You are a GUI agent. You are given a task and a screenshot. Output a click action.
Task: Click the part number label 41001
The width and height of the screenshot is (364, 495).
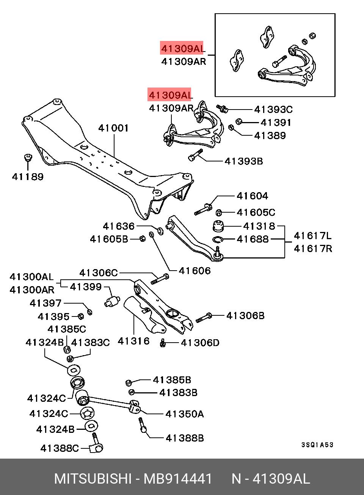[x=113, y=128]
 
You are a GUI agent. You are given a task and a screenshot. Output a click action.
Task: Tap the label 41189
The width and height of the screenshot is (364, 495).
[x=28, y=177]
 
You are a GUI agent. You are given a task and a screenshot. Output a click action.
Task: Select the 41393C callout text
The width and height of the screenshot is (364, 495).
[x=273, y=110]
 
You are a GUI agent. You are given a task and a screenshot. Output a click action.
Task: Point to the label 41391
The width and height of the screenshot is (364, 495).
[x=276, y=122]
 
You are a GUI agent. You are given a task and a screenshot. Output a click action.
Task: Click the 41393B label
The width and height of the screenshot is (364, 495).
[x=243, y=161]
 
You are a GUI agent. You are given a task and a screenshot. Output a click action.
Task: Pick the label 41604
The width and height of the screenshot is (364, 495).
[x=252, y=196]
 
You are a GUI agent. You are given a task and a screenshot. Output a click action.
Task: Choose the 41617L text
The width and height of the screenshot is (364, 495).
[x=312, y=236]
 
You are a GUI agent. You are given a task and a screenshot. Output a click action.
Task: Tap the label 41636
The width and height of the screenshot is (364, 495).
[x=119, y=226]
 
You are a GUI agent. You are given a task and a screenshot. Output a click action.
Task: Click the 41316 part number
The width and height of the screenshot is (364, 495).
[x=133, y=341]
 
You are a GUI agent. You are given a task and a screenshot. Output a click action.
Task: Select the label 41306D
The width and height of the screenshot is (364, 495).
[x=200, y=343]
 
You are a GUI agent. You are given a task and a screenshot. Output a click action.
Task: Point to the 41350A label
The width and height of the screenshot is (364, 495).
[x=185, y=414]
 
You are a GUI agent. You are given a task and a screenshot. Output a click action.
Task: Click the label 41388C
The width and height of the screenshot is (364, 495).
[x=60, y=448]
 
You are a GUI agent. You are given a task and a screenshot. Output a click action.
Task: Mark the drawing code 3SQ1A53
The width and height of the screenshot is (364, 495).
[x=317, y=445]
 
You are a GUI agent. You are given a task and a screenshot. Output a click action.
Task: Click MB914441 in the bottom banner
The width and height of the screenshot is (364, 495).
[x=178, y=479]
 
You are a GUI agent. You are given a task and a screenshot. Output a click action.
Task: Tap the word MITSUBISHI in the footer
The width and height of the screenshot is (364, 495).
[x=93, y=479]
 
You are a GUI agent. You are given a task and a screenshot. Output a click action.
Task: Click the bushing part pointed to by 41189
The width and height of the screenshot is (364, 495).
[x=28, y=157]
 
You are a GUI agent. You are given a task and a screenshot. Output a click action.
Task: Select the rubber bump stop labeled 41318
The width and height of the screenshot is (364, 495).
[x=218, y=226]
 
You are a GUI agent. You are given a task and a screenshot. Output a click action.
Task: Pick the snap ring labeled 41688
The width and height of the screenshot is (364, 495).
[x=218, y=239]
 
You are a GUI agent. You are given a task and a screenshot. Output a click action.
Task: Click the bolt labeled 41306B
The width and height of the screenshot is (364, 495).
[x=204, y=317]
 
